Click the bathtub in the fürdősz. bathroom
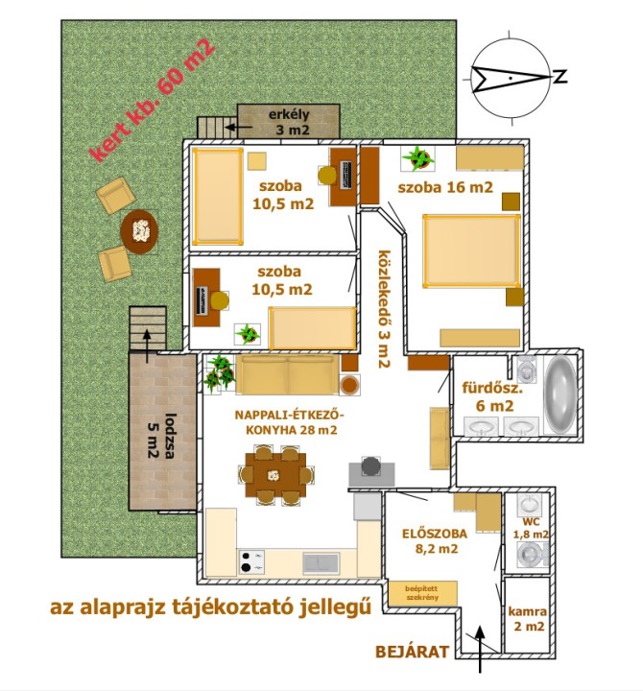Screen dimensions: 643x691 (560, 395)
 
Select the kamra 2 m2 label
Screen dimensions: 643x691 (528, 618)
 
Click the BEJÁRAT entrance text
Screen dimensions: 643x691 (412, 652)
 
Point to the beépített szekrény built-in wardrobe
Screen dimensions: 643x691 (422, 593)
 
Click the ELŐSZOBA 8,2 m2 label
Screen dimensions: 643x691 (435, 541)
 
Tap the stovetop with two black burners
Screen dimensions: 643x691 (251, 561)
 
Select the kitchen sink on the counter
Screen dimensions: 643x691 (321, 563)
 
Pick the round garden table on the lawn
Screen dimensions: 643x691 (139, 231)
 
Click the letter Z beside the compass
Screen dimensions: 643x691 (560, 77)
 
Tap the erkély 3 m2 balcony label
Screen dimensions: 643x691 (289, 122)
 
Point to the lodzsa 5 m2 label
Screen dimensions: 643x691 (161, 436)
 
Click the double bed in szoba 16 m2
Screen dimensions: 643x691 (471, 250)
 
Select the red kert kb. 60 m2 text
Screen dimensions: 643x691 (152, 101)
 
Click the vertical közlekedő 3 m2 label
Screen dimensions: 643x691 (384, 309)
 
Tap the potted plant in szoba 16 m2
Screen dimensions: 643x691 (417, 158)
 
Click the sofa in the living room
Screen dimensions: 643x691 (287, 374)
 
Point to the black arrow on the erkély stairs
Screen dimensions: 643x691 (238, 128)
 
